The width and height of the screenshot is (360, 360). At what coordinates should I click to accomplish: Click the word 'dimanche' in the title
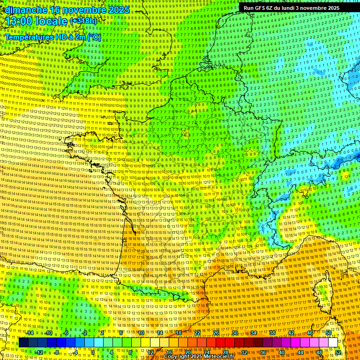point(23,9)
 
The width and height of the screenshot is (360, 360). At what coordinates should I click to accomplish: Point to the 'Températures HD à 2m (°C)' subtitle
point(53,37)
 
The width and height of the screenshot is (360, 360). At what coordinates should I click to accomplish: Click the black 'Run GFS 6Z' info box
point(289,8)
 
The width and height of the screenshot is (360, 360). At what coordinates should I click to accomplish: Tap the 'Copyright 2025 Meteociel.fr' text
point(199,356)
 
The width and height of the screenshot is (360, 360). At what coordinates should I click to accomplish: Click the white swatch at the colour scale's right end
point(333,343)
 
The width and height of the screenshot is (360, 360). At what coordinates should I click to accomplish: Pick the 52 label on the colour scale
point(338,352)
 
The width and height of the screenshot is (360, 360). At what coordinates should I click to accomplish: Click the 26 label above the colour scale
point(216,333)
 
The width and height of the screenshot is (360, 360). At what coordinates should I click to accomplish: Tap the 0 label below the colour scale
point(92,352)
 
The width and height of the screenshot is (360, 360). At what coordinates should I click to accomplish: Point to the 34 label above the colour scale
point(254,333)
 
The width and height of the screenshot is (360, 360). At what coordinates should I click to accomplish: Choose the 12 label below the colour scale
point(150,352)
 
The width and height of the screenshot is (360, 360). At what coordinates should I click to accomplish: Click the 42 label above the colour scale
point(291,333)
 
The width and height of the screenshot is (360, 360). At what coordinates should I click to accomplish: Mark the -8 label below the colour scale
point(57,352)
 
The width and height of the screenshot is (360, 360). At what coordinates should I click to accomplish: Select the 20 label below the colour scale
point(188,352)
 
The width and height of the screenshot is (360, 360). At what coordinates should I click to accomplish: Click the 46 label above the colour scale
point(310,333)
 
